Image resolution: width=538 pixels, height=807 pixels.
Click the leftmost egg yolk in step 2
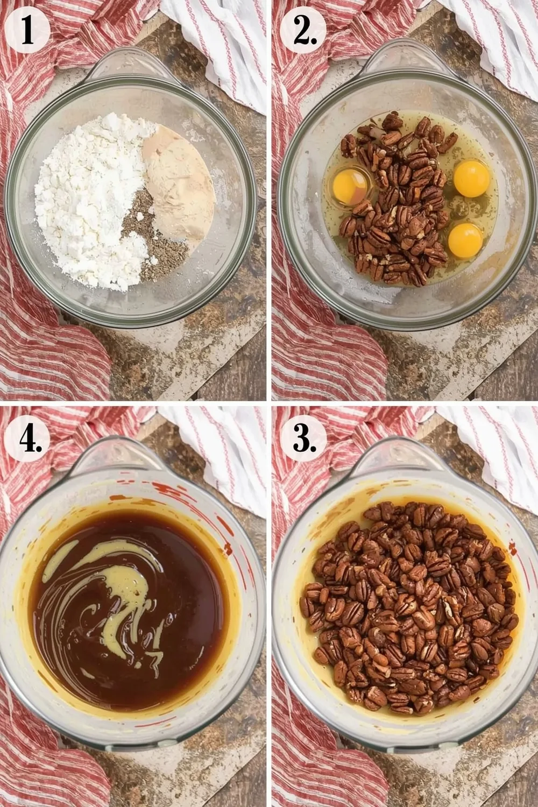350,186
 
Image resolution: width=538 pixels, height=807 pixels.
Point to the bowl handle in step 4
126,457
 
